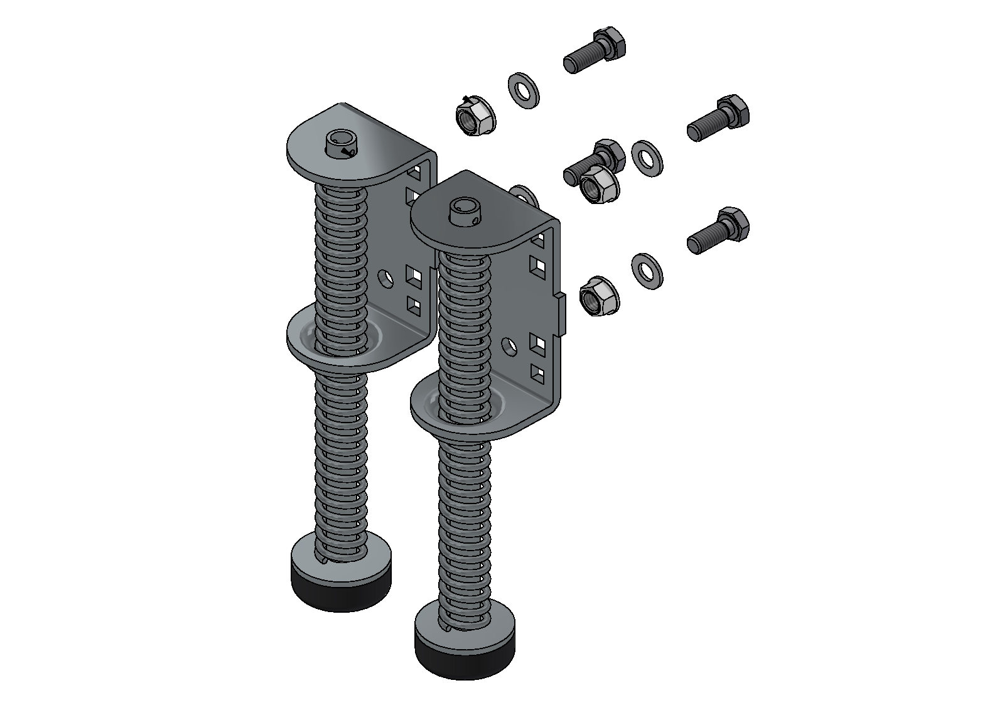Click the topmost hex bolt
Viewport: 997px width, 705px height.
595,50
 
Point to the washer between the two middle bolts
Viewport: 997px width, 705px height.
647,158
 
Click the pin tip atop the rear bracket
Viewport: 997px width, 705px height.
340,144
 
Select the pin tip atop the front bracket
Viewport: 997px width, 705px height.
465,212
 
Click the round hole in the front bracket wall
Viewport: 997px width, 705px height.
510,345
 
